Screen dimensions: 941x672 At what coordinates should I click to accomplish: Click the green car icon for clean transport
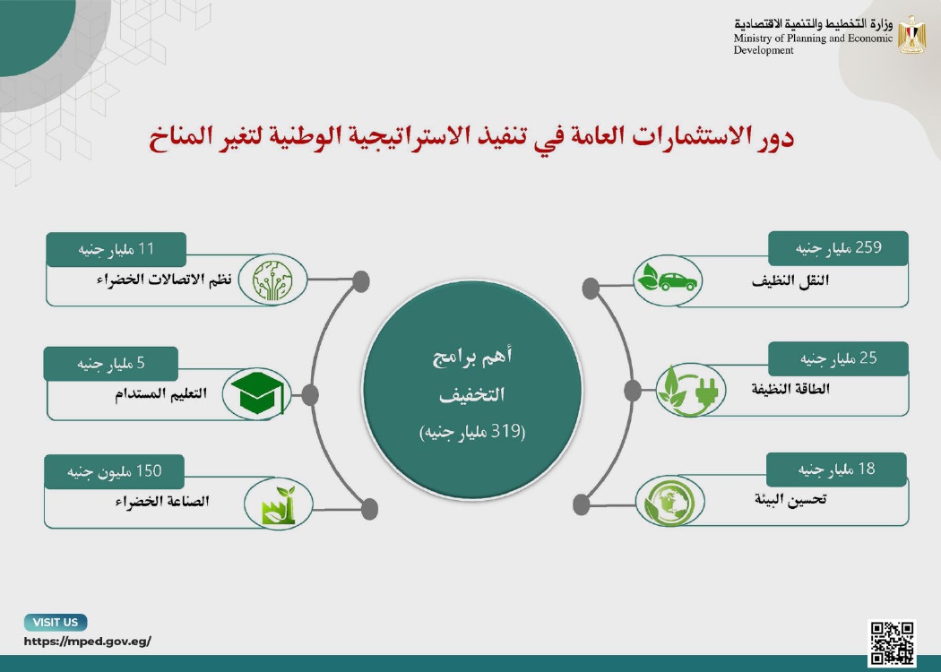click(668, 280)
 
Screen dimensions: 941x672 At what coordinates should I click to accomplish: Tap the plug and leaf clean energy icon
click(690, 390)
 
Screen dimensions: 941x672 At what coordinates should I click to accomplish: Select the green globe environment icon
click(669, 502)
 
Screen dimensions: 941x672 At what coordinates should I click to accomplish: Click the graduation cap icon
click(256, 393)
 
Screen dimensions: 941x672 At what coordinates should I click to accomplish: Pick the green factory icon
click(279, 506)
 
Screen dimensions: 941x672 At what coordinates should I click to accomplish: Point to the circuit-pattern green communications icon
click(272, 279)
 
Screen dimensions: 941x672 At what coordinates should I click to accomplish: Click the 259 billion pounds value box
click(838, 248)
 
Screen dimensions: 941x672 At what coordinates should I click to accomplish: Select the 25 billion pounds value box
click(838, 358)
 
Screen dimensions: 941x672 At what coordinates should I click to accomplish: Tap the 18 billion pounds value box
click(836, 470)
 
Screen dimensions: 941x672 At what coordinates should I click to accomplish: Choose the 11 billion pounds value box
click(117, 250)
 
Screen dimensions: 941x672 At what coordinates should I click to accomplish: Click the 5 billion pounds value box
click(111, 364)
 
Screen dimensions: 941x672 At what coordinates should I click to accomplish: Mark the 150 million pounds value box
click(114, 471)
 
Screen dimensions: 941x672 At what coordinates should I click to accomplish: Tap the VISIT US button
click(56, 622)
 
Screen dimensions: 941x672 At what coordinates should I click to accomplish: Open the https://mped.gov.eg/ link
click(88, 642)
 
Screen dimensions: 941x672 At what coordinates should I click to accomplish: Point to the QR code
click(893, 642)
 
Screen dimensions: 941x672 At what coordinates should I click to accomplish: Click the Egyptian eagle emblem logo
click(911, 35)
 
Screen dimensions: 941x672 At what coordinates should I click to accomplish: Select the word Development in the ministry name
click(764, 50)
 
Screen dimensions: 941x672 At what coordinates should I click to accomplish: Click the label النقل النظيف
click(790, 280)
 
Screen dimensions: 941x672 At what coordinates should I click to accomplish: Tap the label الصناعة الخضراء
click(162, 501)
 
